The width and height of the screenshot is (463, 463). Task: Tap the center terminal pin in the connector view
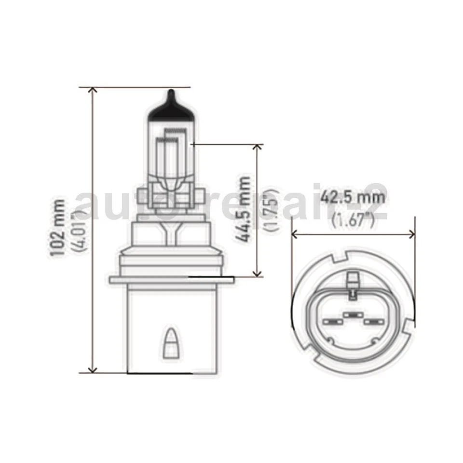tap(353, 314)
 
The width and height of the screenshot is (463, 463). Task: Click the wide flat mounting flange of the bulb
tap(171, 280)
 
